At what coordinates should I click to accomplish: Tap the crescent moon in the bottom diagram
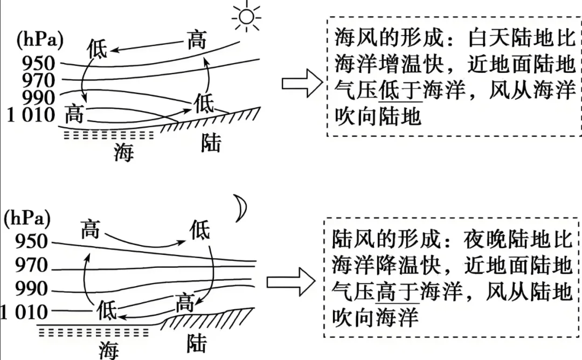[242, 208]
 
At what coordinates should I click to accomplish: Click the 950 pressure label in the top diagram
[39, 64]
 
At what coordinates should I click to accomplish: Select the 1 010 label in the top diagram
[31, 115]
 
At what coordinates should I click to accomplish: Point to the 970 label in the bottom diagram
[32, 265]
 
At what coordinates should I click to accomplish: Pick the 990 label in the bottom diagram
[32, 289]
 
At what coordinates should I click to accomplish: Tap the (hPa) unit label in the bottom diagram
[27, 219]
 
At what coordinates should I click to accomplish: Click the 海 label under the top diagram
[123, 152]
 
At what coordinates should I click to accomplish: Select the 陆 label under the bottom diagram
[196, 343]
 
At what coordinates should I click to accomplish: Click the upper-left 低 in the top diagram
[97, 49]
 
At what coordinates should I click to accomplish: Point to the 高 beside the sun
[196, 40]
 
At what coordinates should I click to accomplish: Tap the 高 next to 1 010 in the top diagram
[74, 114]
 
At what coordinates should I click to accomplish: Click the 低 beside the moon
[200, 230]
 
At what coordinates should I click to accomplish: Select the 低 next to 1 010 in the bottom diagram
[107, 310]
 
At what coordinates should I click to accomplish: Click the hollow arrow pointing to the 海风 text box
[302, 84]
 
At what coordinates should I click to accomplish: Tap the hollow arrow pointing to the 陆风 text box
[290, 282]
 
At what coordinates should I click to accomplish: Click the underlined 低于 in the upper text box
[400, 91]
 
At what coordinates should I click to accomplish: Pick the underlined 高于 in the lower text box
[398, 292]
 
